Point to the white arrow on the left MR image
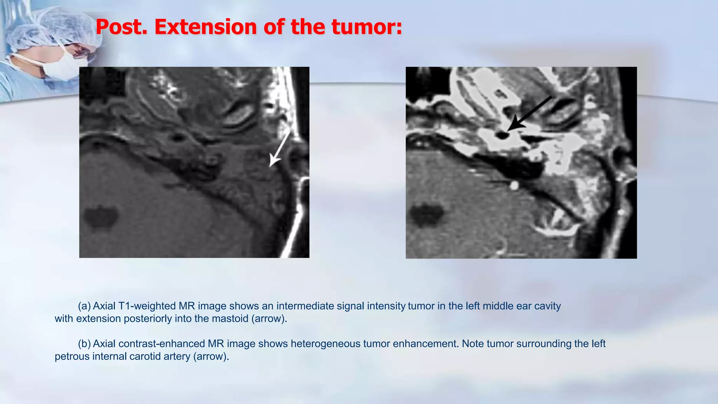tap(279, 149)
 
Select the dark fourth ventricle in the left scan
tap(101, 217)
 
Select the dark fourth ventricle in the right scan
tap(426, 215)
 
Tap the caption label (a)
tap(84, 306)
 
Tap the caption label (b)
tap(84, 344)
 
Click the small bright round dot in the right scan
tap(514, 186)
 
